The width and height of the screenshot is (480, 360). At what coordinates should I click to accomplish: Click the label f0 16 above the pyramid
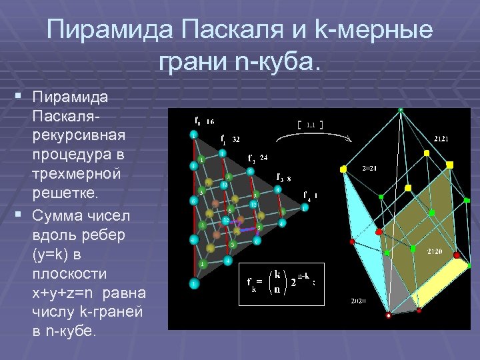pos(204,122)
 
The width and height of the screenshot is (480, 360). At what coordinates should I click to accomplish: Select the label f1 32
pos(231,140)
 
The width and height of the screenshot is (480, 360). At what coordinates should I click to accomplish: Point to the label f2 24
pos(257,159)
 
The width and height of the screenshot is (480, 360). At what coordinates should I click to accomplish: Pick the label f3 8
pos(283,179)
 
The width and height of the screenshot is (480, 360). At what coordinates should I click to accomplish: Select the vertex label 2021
pos(369,168)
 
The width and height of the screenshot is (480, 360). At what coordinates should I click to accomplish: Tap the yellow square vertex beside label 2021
pos(343,169)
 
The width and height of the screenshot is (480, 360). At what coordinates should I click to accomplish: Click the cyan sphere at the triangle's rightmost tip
pos(305,207)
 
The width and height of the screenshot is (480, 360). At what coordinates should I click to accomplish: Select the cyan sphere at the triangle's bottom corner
pos(193,284)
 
